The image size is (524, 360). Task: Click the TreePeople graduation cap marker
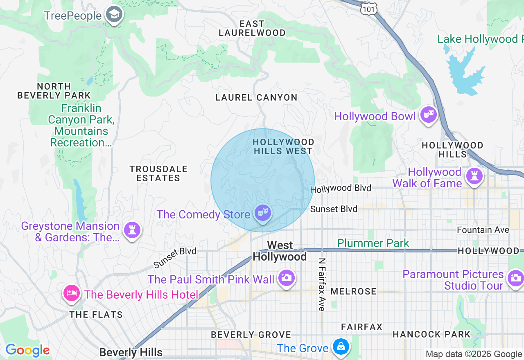(113, 15)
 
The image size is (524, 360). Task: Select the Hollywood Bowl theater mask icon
(428, 115)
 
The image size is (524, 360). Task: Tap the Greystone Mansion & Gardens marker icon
(132, 230)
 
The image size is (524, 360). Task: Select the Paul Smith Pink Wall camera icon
(286, 278)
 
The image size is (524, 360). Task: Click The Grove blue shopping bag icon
(340, 347)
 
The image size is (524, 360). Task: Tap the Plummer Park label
(373, 243)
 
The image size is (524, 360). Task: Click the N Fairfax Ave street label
(322, 284)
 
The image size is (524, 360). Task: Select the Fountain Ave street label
(483, 230)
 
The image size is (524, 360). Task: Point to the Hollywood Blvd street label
(341, 189)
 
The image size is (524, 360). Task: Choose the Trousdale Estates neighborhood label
(158, 173)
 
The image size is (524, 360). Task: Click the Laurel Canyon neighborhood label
(256, 97)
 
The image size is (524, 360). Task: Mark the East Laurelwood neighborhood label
(252, 28)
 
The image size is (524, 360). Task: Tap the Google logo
(27, 351)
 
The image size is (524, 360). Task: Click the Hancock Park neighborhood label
(431, 334)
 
